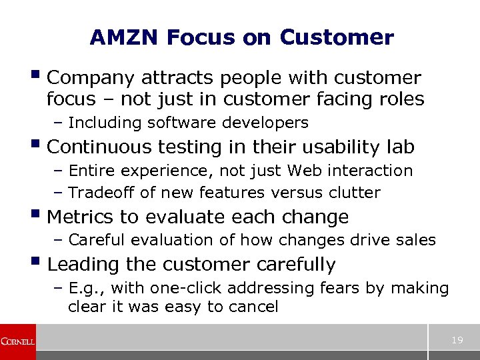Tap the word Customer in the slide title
click(337, 38)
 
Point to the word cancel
click(253, 307)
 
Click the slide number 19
click(457, 341)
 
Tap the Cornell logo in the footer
click(18, 342)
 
